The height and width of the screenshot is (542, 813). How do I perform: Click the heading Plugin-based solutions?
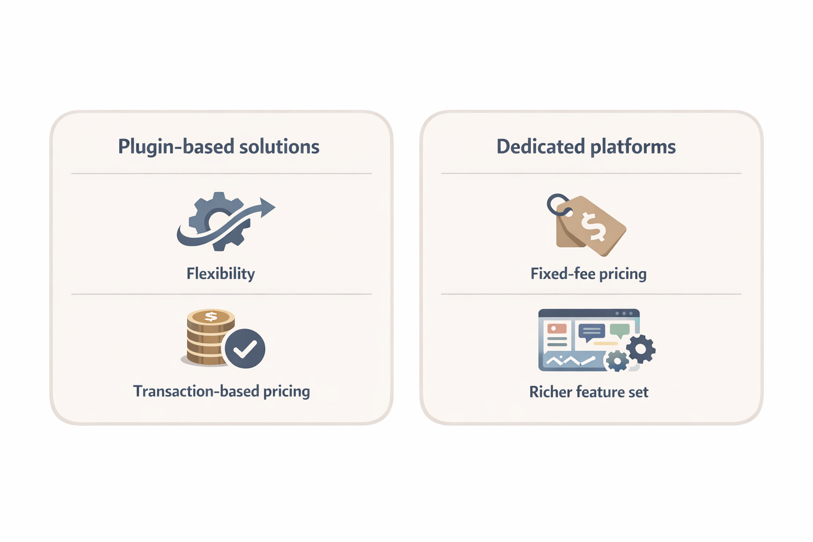point(219,147)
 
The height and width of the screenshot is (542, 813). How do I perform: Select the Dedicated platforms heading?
point(586,147)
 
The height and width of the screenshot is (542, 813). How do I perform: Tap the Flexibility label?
point(221,274)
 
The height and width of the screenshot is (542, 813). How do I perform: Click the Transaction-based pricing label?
point(221,391)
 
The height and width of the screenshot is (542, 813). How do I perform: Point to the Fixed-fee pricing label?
point(589,274)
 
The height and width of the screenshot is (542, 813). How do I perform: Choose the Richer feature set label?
point(589,392)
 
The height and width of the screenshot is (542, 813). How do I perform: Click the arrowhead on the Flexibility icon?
point(267,207)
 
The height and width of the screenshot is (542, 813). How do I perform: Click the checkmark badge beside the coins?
point(245,348)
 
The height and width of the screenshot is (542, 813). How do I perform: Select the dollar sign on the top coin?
point(211,317)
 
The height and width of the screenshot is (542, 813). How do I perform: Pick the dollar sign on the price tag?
point(593,226)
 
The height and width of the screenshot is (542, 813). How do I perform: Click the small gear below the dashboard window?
point(617,362)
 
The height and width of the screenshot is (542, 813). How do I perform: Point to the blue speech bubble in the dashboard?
point(591,332)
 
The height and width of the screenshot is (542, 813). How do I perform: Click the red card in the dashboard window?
point(557,329)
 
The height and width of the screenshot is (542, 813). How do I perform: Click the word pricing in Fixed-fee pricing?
point(623,274)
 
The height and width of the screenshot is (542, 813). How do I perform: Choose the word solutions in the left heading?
point(279,147)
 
